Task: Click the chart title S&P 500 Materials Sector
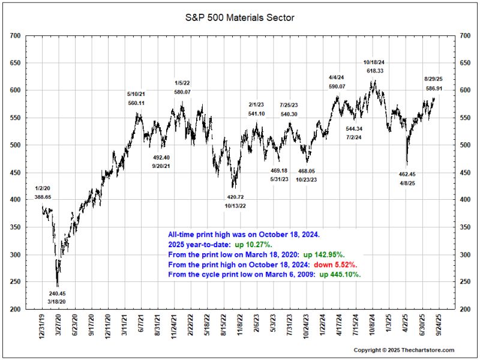pyautogui.click(x=240, y=19)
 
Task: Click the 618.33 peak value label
pyautogui.click(x=375, y=71)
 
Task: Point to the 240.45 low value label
pyautogui.click(x=58, y=293)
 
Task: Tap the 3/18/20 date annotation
pyautogui.click(x=58, y=302)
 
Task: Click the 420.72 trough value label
pyautogui.click(x=235, y=197)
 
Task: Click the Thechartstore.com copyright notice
pyautogui.click(x=404, y=350)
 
